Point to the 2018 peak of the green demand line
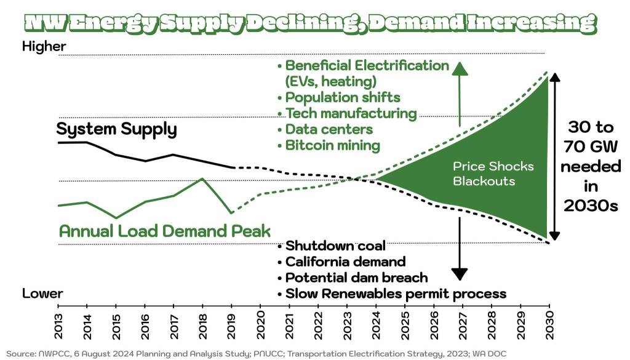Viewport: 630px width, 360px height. (202, 178)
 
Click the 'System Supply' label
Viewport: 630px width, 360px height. (116, 130)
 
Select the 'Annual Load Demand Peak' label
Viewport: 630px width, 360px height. (164, 231)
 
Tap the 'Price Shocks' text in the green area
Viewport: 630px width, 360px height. (493, 166)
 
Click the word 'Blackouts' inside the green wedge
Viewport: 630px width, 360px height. (484, 182)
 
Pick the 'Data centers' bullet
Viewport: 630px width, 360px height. (329, 130)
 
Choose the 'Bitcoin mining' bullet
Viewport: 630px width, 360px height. (332, 146)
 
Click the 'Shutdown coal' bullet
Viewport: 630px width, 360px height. (335, 246)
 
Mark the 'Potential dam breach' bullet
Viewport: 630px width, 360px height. (356, 278)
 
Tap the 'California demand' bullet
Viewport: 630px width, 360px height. (345, 262)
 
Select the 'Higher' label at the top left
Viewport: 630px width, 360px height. (44, 46)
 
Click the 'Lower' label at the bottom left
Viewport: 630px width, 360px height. (42, 294)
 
